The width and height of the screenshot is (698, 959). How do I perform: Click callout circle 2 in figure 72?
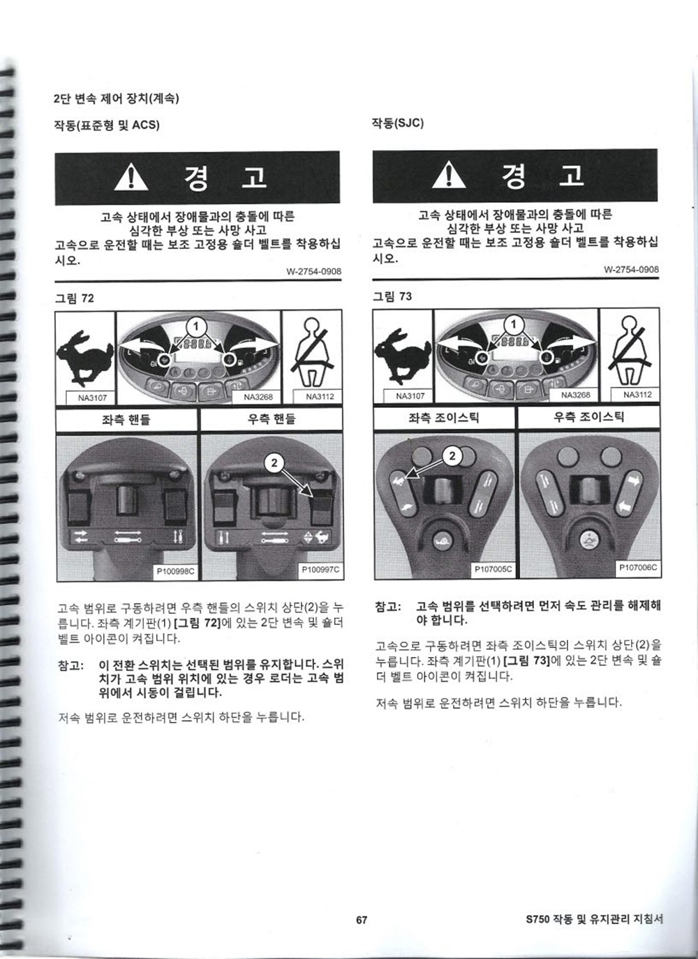[274, 462]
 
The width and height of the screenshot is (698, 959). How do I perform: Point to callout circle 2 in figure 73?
[452, 456]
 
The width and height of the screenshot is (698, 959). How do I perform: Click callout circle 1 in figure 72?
[195, 326]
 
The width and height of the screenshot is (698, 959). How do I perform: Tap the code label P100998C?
[176, 571]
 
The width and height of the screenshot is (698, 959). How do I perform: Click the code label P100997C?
[320, 570]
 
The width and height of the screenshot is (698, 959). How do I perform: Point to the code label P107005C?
[493, 569]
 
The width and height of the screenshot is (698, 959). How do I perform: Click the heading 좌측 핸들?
[126, 419]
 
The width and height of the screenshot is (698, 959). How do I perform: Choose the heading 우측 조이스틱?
[588, 417]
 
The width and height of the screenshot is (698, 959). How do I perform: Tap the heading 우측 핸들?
[272, 418]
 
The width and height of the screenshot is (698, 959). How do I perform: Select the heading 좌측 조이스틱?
[444, 417]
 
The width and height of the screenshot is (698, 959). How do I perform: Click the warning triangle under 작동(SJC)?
[449, 174]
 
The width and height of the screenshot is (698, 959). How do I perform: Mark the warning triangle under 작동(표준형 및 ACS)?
[131, 177]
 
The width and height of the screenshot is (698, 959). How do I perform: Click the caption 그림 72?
[75, 298]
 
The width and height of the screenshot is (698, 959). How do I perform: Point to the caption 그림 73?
[392, 296]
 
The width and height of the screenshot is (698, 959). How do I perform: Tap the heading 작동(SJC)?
[398, 123]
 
